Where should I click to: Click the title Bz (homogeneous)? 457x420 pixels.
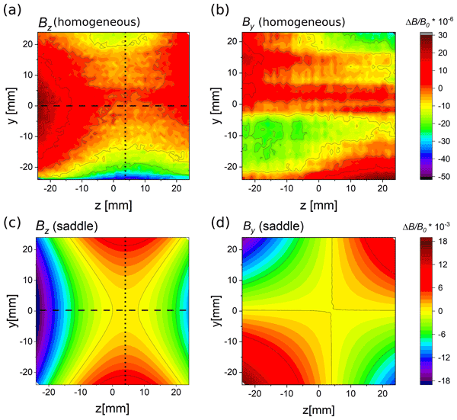pos(89,23)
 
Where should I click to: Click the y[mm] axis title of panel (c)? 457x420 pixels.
pos(9,311)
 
